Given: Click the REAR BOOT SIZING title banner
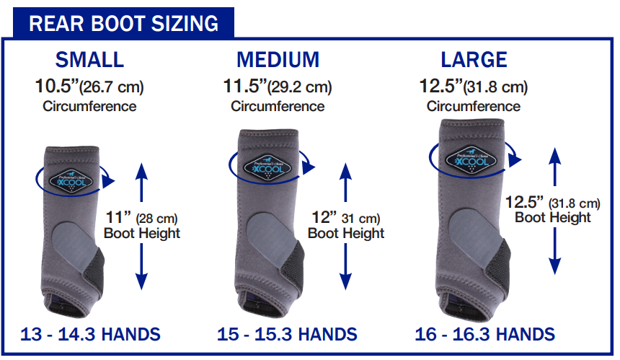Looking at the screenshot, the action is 123,23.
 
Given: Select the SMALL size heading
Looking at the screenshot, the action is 90,60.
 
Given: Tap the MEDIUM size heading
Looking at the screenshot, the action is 278,60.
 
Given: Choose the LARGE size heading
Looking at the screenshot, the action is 474,60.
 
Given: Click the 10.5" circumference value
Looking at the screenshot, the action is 58,86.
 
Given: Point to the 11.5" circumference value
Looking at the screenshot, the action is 246,86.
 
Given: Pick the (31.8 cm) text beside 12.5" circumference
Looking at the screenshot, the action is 495,87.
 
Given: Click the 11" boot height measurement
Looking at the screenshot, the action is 118,217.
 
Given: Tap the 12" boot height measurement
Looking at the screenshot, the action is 324,217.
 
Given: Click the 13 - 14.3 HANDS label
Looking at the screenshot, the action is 90,334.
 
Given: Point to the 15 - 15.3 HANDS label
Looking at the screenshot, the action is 287,334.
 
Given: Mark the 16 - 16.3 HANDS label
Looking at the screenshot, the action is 484,334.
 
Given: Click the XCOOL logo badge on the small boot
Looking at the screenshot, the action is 71,182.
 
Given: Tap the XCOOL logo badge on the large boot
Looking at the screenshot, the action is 471,161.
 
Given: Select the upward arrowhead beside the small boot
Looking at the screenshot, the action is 141,171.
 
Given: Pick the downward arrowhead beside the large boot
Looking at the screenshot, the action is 555,265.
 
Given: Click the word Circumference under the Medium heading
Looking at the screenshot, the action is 278,106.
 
